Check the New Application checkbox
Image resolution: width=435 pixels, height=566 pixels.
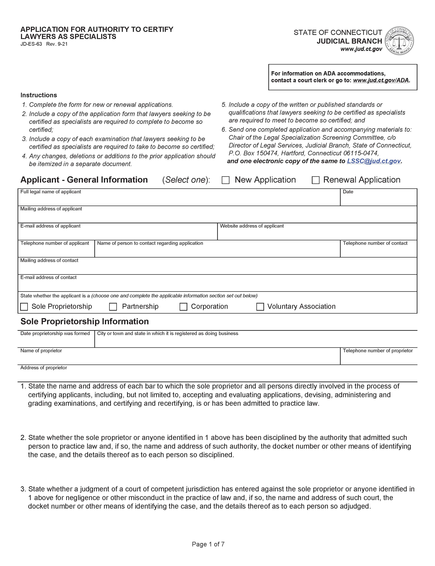point(226,180)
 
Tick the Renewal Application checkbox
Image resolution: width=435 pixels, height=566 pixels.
point(315,180)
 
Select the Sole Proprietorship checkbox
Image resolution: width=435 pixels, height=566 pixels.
point(24,307)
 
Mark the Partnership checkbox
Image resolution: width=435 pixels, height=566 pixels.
point(113,307)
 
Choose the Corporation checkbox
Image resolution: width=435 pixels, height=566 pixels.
point(183,307)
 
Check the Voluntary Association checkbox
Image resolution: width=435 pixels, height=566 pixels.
point(260,307)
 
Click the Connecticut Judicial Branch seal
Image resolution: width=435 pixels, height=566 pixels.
point(400,41)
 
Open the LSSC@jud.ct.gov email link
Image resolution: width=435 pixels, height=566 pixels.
point(374,161)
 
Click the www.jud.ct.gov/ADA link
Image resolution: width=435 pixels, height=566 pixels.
point(381,80)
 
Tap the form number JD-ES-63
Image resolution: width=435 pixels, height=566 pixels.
point(31,44)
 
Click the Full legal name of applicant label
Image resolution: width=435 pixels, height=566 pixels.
point(51,192)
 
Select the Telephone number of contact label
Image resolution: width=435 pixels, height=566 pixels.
point(375,243)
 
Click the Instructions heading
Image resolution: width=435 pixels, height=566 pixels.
point(39,95)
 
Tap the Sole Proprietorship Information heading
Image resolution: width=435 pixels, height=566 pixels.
point(85,321)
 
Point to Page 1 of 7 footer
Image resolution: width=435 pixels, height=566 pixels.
point(208,544)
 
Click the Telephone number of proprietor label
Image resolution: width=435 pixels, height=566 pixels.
point(378,351)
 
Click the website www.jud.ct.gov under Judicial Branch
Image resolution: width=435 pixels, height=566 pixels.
point(361,49)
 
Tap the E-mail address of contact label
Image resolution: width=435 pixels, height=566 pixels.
point(48,277)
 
